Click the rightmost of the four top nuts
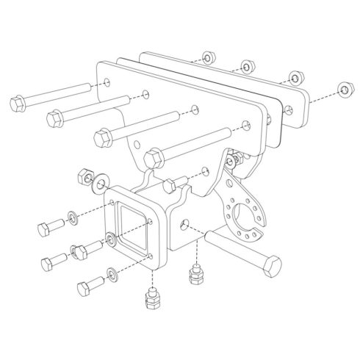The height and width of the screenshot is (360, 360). (342, 90)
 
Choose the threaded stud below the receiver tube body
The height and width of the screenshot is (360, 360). (196, 277)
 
